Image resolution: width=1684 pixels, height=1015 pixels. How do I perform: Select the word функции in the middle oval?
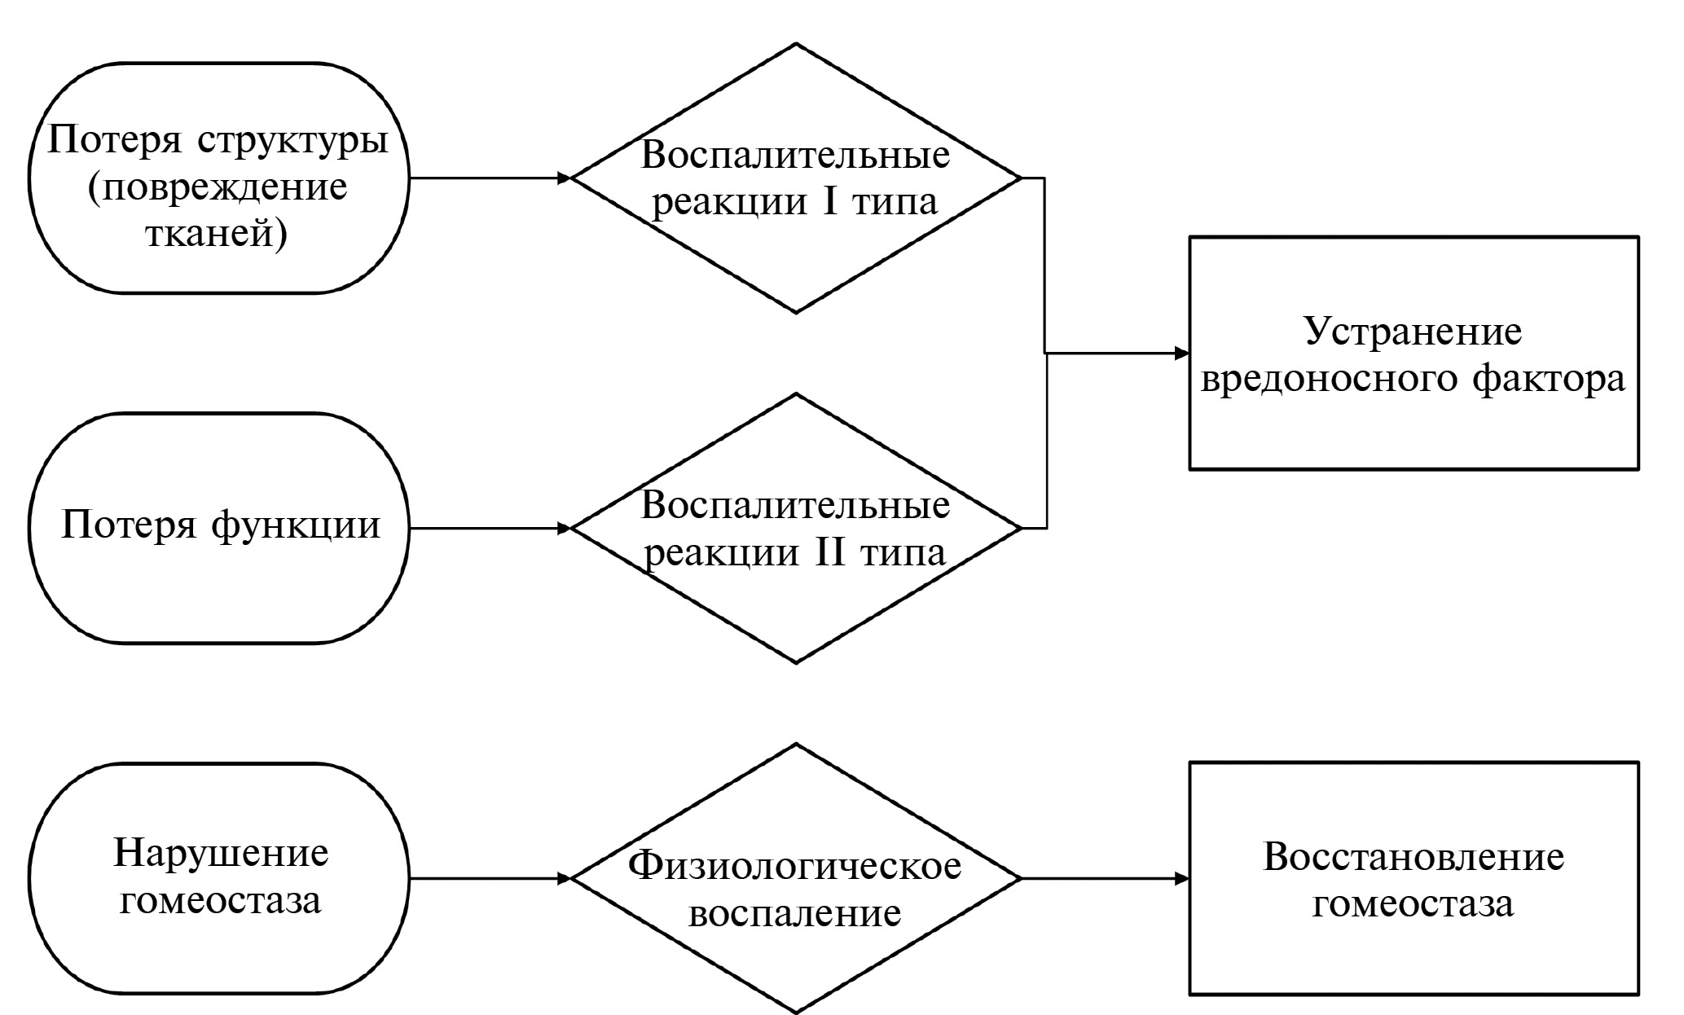pos(297,525)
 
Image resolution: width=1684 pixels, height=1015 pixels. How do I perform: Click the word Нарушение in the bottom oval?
pos(221,854)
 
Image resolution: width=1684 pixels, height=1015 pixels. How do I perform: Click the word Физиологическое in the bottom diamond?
pos(795,865)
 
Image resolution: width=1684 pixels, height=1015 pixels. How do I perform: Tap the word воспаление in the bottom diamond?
pos(795,912)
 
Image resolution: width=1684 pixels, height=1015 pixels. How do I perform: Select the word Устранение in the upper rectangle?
pos(1414,332)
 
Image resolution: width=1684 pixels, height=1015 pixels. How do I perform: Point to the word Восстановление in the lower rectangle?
pos(1414,857)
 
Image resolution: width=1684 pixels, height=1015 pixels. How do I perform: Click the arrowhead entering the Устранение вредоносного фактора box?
pos(1181,354)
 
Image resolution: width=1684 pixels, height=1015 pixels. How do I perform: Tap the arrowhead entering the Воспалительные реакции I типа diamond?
pos(563,178)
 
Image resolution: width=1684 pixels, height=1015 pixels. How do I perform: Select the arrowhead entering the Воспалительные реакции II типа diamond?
pos(563,529)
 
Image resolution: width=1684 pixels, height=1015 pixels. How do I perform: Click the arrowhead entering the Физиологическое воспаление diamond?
pos(563,879)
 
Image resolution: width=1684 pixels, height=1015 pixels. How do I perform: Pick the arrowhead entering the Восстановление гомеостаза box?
pos(1181,879)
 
